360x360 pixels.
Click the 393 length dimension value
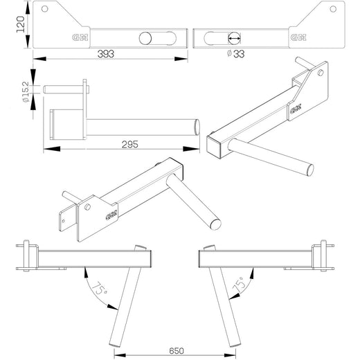click(105, 53)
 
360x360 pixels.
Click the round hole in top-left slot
click(146, 39)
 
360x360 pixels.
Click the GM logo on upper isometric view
click(296, 108)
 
